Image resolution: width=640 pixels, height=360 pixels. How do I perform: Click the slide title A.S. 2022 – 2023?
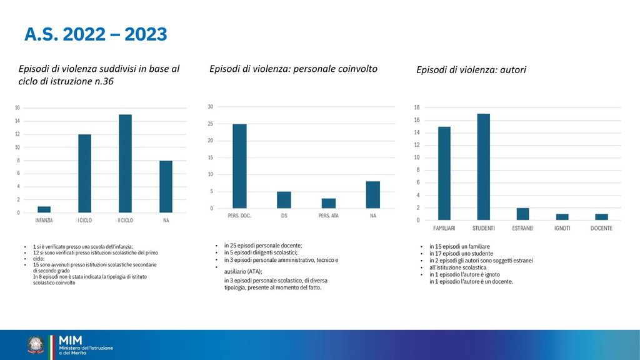click(96, 34)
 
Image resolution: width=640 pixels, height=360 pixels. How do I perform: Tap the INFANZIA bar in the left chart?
click(44, 209)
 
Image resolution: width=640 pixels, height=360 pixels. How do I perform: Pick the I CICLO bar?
click(84, 174)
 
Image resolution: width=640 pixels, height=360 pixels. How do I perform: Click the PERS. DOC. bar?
click(239, 166)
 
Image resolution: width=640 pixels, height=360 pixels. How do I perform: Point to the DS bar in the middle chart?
click(284, 200)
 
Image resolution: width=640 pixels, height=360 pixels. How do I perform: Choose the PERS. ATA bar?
click(329, 203)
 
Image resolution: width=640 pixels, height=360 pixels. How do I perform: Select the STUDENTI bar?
click(483, 167)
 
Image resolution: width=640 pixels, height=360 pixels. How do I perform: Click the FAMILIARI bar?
click(444, 173)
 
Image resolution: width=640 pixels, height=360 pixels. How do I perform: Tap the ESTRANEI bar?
click(522, 214)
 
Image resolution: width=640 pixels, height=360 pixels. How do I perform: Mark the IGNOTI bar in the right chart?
click(562, 217)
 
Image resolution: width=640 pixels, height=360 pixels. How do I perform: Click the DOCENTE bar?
click(601, 217)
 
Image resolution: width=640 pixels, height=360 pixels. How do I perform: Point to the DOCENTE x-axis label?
click(601, 228)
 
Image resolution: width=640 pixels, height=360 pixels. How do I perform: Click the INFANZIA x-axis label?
click(44, 221)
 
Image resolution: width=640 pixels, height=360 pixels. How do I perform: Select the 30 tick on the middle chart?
click(211, 107)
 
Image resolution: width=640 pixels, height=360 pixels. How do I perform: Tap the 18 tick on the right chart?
click(416, 107)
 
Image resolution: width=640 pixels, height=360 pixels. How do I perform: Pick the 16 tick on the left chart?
click(17, 108)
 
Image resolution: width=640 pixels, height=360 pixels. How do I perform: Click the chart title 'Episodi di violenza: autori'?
click(471, 70)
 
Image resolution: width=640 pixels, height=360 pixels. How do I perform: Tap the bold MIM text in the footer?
click(70, 339)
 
